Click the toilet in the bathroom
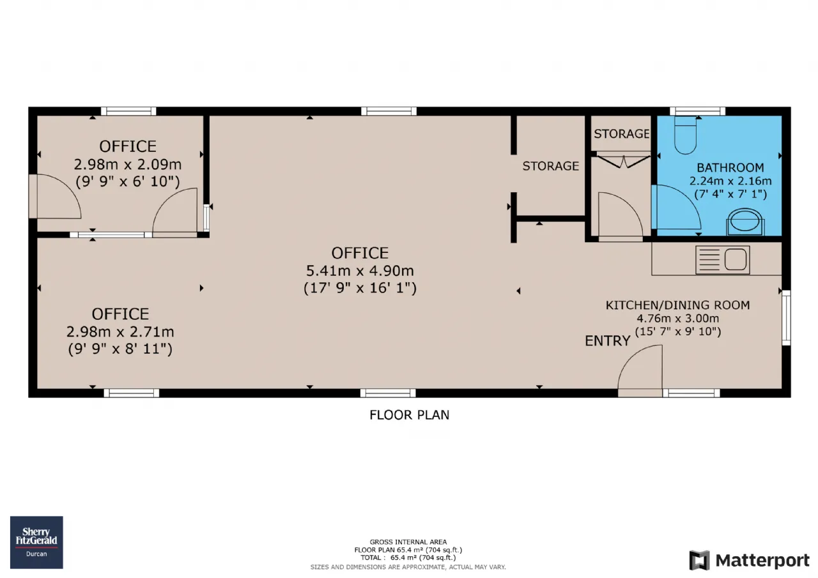tap(686, 135)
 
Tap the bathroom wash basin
tap(745, 222)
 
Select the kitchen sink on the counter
tap(723, 260)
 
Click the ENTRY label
tap(608, 341)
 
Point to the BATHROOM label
tap(730, 167)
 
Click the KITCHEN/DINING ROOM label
tap(678, 305)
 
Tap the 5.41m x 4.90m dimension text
tap(360, 271)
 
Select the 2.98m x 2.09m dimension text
tap(128, 165)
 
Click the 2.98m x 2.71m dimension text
tap(120, 331)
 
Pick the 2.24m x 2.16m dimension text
tap(730, 181)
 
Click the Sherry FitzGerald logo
tap(36, 542)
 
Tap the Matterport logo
tap(750, 560)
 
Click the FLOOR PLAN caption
tap(410, 415)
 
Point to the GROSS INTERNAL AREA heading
tap(408, 542)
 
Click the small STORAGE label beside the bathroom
tap(622, 134)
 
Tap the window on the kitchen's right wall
tap(786, 318)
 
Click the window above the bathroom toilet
tap(697, 111)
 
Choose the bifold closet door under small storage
tap(623, 161)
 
